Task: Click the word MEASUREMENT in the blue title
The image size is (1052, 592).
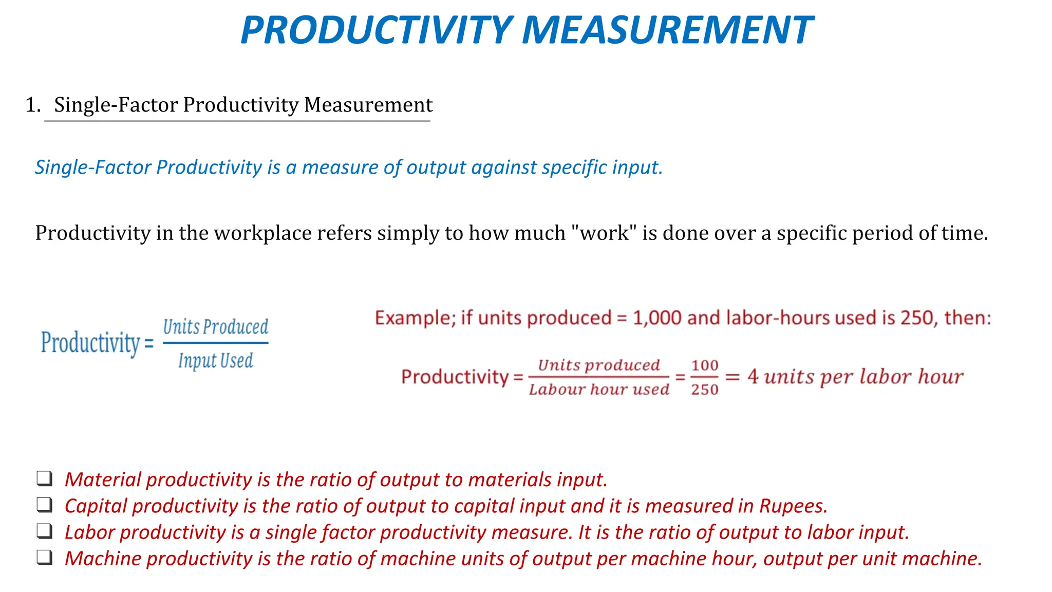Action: pyautogui.click(x=667, y=31)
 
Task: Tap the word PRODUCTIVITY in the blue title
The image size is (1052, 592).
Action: pyautogui.click(x=376, y=31)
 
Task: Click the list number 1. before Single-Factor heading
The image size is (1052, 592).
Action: pyautogui.click(x=33, y=105)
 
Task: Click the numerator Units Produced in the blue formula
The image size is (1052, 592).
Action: pyautogui.click(x=216, y=327)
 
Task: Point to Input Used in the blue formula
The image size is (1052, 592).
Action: pyautogui.click(x=216, y=361)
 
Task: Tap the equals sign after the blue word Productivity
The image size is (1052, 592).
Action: pyautogui.click(x=149, y=344)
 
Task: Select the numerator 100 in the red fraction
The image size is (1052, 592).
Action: pyautogui.click(x=704, y=365)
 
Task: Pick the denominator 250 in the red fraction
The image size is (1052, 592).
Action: pyautogui.click(x=704, y=390)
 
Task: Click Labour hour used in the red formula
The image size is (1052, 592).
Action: pyautogui.click(x=599, y=390)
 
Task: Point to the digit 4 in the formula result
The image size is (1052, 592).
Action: pyautogui.click(x=753, y=377)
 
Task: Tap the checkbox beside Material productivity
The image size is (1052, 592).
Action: pyautogui.click(x=45, y=478)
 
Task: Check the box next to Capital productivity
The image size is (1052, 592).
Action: pyautogui.click(x=45, y=505)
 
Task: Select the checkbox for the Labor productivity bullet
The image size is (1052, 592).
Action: pyautogui.click(x=45, y=531)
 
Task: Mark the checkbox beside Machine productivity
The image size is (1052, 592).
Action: pyautogui.click(x=45, y=558)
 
